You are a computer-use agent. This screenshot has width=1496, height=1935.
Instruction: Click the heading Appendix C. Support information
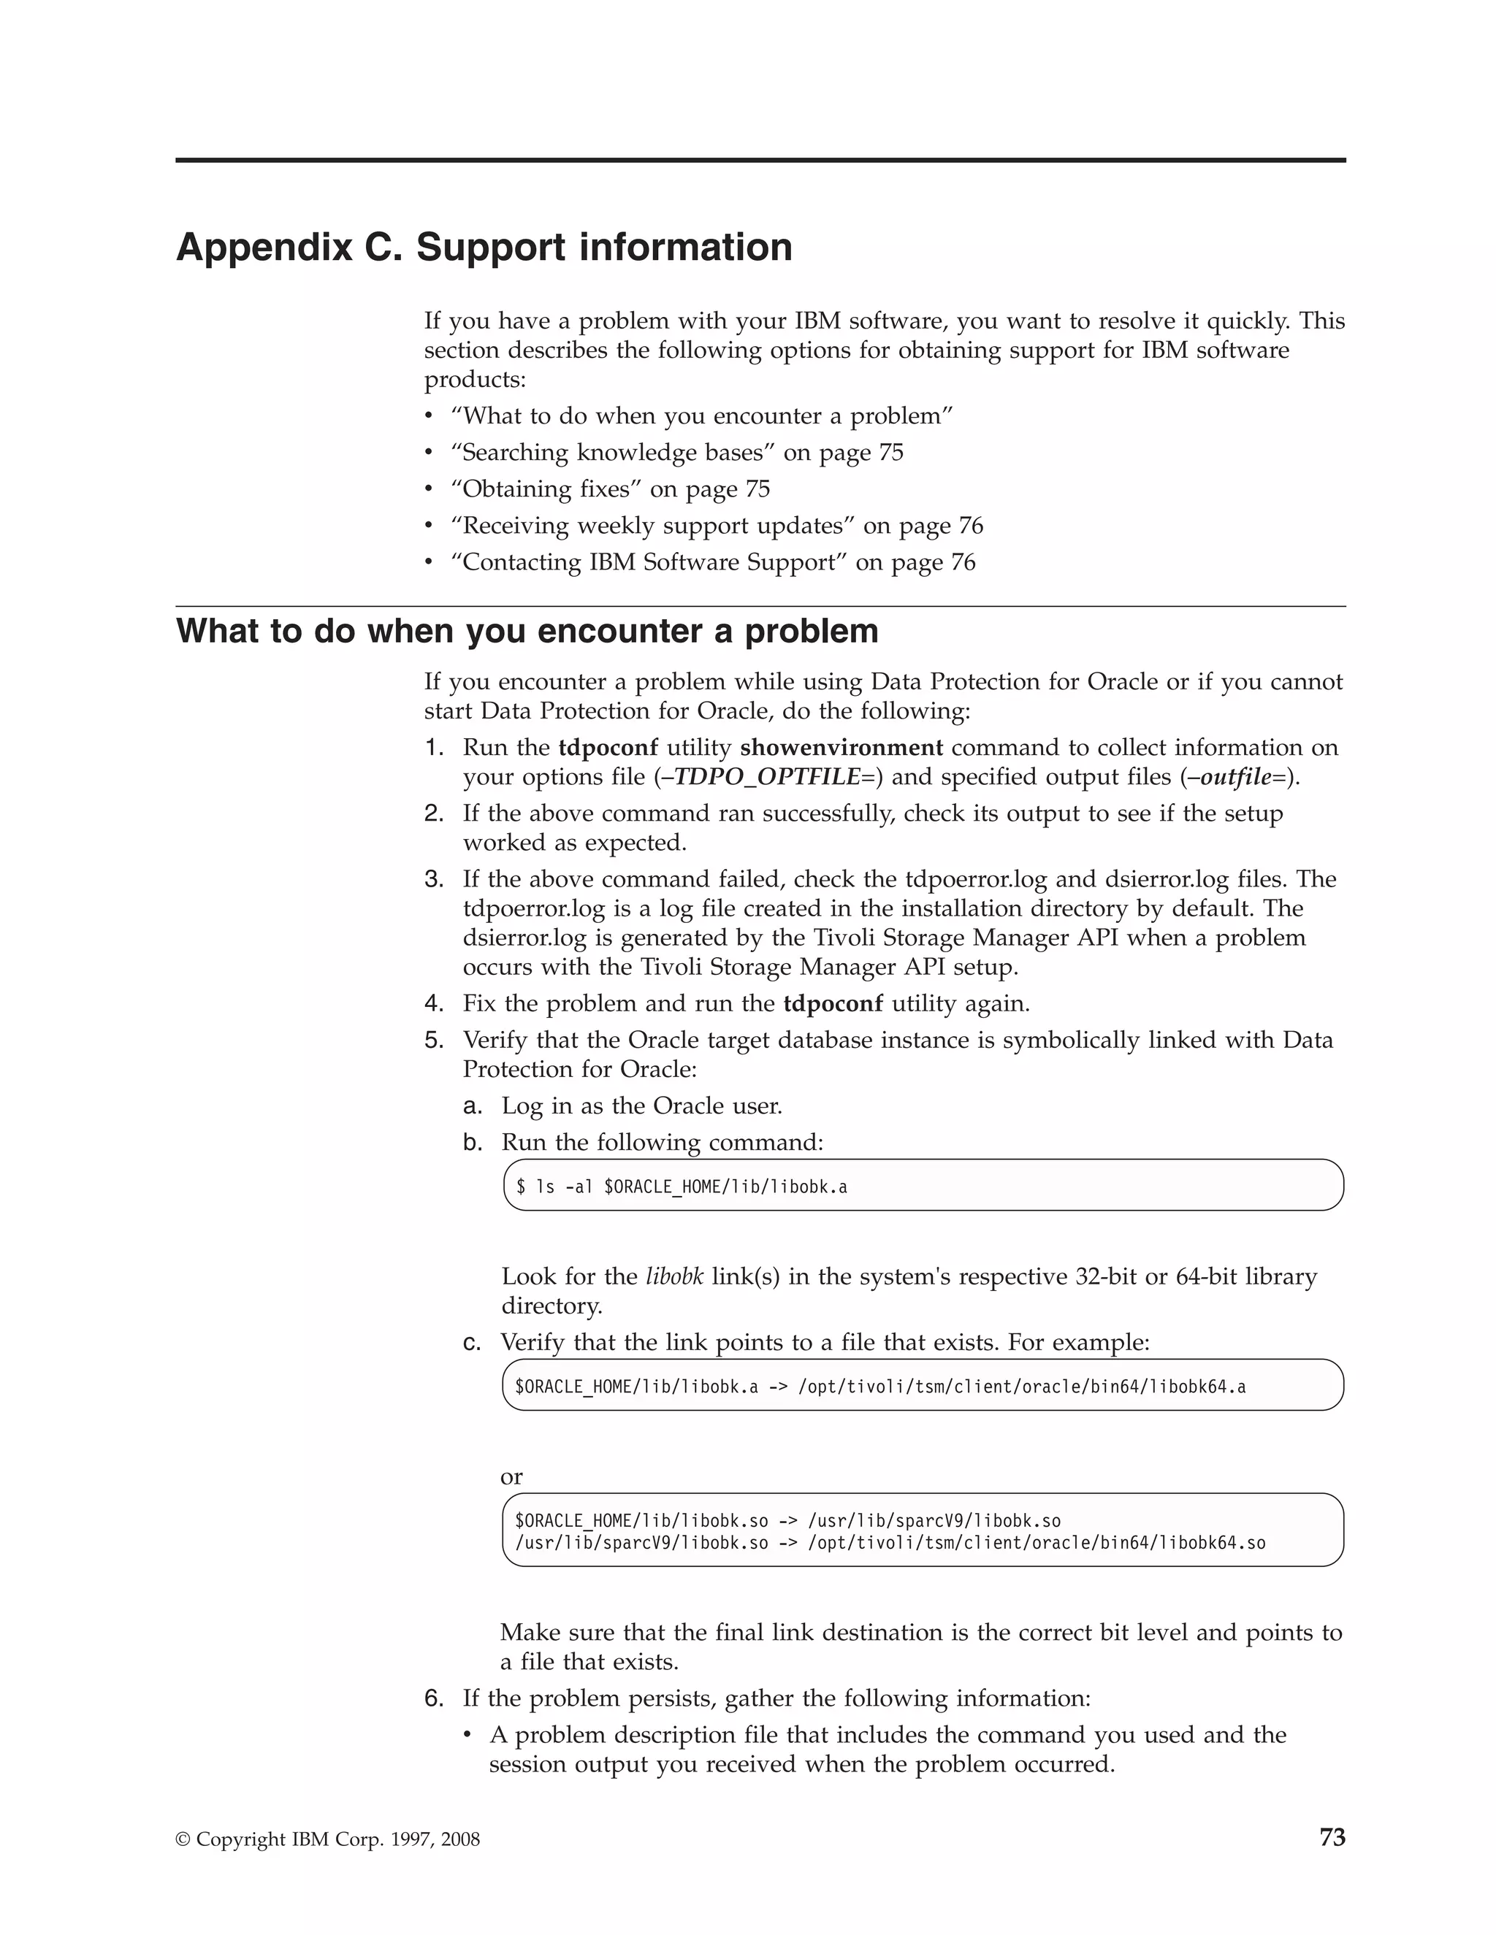(484, 248)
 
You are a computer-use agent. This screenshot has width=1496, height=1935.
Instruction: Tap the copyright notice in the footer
(328, 1839)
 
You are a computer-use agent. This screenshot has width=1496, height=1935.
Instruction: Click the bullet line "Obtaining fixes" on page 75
(610, 489)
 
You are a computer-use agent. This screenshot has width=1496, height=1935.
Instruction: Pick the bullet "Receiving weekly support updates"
(716, 526)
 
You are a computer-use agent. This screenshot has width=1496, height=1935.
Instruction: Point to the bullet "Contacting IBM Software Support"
(712, 562)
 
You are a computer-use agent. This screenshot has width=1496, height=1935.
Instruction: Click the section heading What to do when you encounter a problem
(527, 631)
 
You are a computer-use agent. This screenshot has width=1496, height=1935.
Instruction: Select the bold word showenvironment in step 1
(841, 748)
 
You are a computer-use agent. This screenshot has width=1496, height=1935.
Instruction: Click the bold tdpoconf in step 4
(833, 1004)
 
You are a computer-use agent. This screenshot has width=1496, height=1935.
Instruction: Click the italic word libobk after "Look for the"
(674, 1276)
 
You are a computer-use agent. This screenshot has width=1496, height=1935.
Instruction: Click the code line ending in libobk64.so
(890, 1542)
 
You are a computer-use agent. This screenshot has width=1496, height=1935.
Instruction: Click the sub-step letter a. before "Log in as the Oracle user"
(473, 1106)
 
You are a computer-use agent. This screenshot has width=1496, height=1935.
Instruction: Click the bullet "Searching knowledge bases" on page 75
(676, 453)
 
